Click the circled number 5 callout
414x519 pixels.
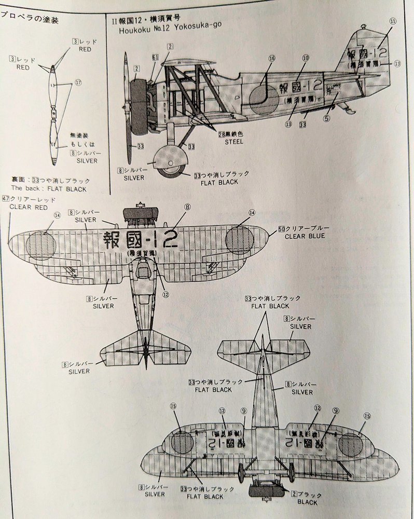(x=327, y=118)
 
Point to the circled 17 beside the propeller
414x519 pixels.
(x=78, y=82)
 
